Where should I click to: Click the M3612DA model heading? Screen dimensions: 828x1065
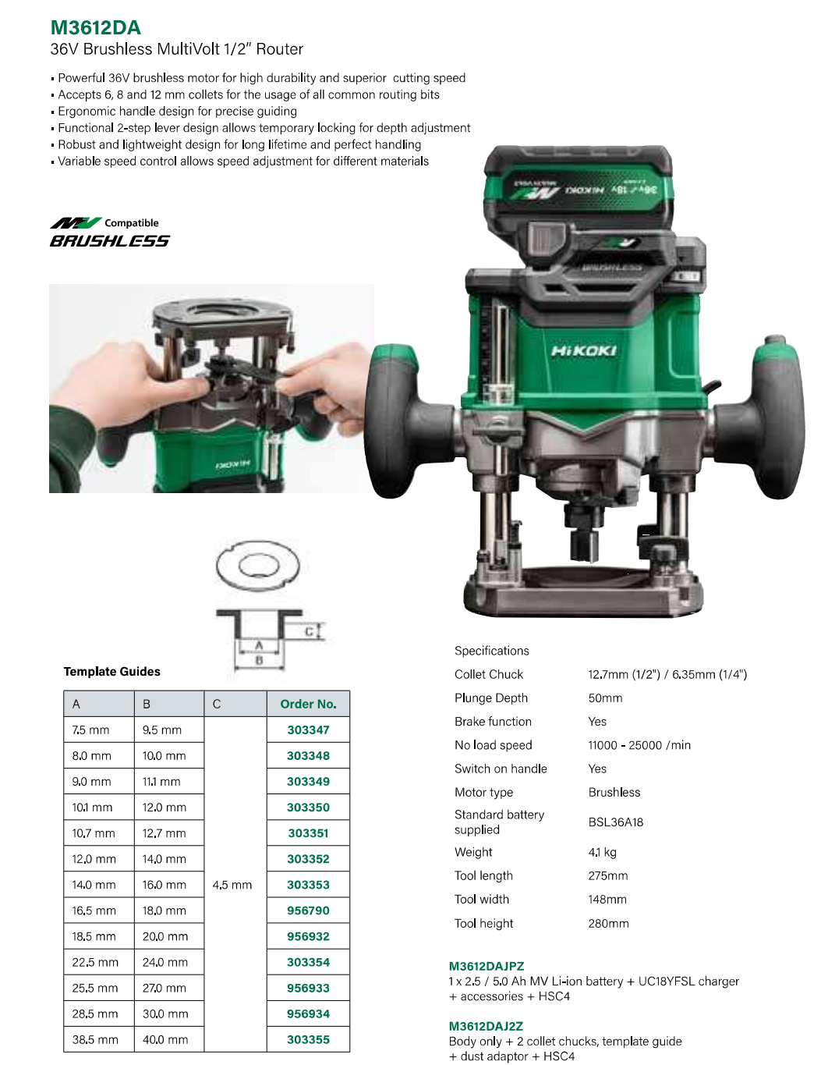(95, 27)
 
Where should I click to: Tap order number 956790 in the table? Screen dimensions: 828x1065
(308, 911)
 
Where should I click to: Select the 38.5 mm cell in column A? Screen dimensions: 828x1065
(95, 1039)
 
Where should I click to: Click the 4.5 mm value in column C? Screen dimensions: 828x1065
(232, 885)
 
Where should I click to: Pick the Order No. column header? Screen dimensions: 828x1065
(308, 704)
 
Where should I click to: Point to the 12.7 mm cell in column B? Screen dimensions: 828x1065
(164, 832)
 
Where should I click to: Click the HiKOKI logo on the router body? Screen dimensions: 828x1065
(584, 350)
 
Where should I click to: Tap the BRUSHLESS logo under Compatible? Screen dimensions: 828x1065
(110, 241)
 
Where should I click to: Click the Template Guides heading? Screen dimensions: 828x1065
(111, 672)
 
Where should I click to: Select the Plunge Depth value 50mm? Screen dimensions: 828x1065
(605, 698)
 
